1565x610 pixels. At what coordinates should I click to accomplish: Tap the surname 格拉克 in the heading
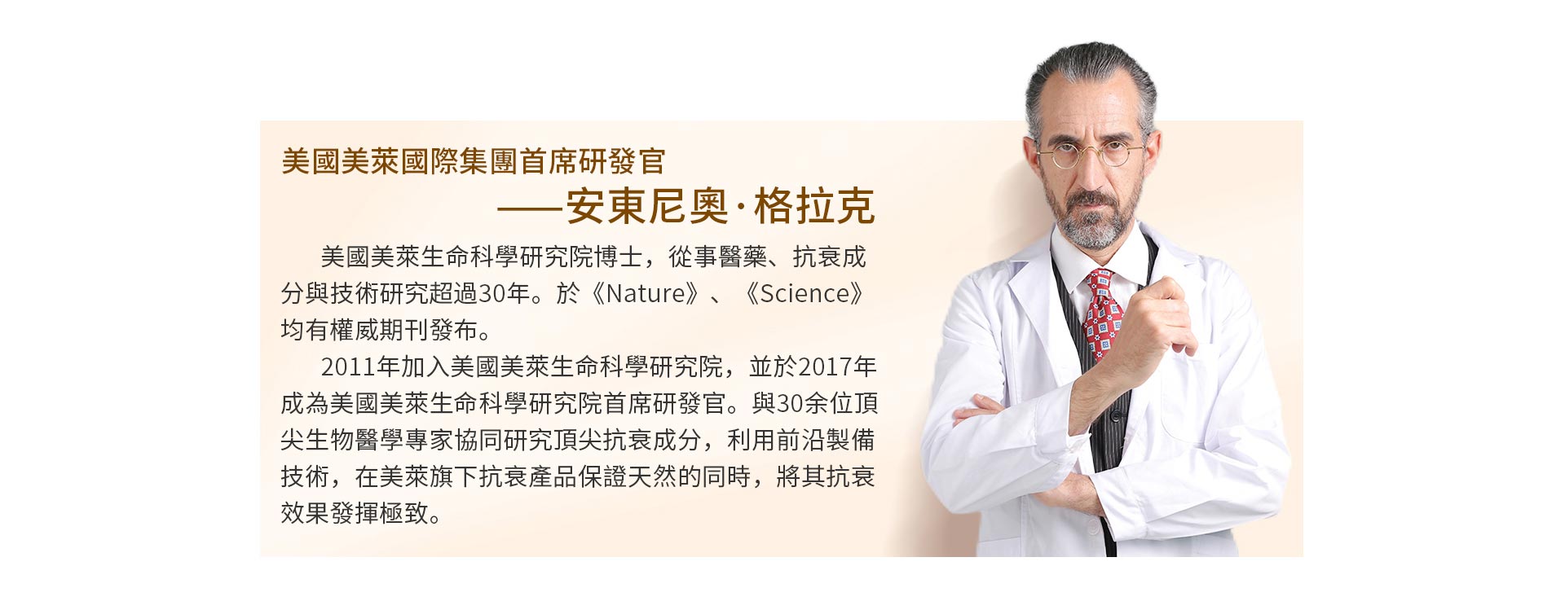814,206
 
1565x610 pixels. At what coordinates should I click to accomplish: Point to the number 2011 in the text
348,366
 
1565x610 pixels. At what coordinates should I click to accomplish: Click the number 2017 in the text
825,366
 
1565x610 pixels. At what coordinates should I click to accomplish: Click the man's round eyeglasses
1090,152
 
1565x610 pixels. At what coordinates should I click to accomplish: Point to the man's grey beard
1090,218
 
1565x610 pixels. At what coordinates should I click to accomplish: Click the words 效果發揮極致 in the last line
354,513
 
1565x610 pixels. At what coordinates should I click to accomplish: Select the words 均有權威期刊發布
378,330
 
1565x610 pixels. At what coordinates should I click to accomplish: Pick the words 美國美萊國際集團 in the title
399,161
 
